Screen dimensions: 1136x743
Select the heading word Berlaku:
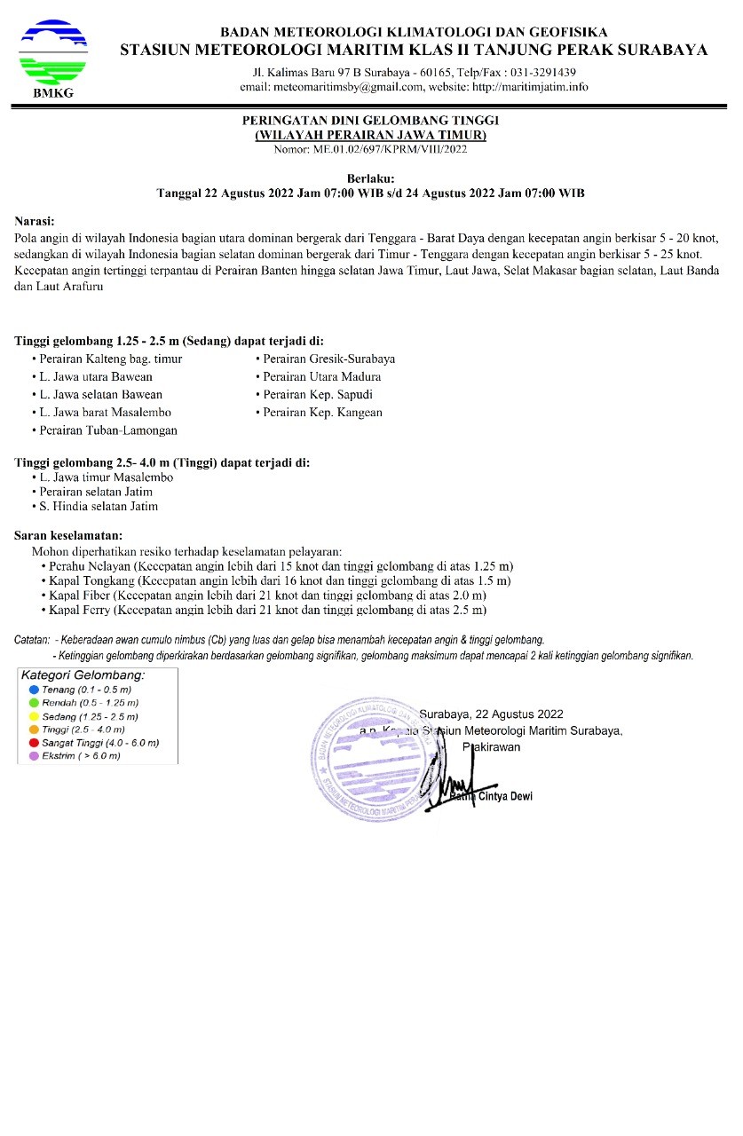coord(370,178)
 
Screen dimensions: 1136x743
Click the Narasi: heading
coord(35,221)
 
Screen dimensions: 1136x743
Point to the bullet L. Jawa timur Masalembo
coord(106,477)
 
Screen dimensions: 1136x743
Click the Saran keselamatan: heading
coord(68,536)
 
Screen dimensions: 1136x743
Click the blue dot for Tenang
coord(33,690)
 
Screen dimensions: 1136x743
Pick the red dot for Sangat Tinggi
coord(33,743)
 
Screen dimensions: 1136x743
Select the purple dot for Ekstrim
coord(33,756)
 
